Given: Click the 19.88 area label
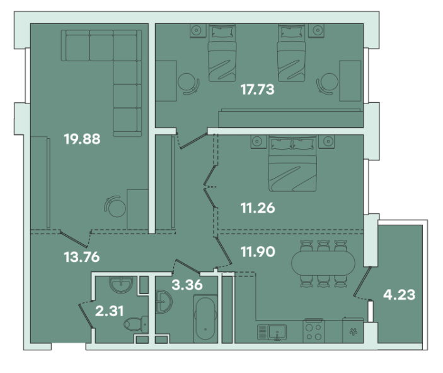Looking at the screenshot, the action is point(82,139).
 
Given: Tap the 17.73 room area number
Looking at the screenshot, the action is point(257,89).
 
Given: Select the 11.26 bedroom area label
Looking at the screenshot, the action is point(258,208).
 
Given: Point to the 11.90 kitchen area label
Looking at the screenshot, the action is point(258,251).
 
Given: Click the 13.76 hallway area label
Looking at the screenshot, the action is point(82,257).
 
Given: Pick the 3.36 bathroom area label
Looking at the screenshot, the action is point(187,285).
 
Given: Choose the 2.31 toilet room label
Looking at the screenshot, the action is point(110,311).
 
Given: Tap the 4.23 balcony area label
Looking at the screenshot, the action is point(400,295).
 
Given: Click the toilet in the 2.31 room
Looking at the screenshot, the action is point(136,324).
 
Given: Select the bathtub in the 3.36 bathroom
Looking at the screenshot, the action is point(205,319).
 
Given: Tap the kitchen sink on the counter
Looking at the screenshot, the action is point(272,332).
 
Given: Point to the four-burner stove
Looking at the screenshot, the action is point(314,331).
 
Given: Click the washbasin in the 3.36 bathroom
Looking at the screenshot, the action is point(164,302).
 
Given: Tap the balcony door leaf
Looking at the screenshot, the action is point(363,281).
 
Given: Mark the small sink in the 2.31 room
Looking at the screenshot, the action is point(121,284).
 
